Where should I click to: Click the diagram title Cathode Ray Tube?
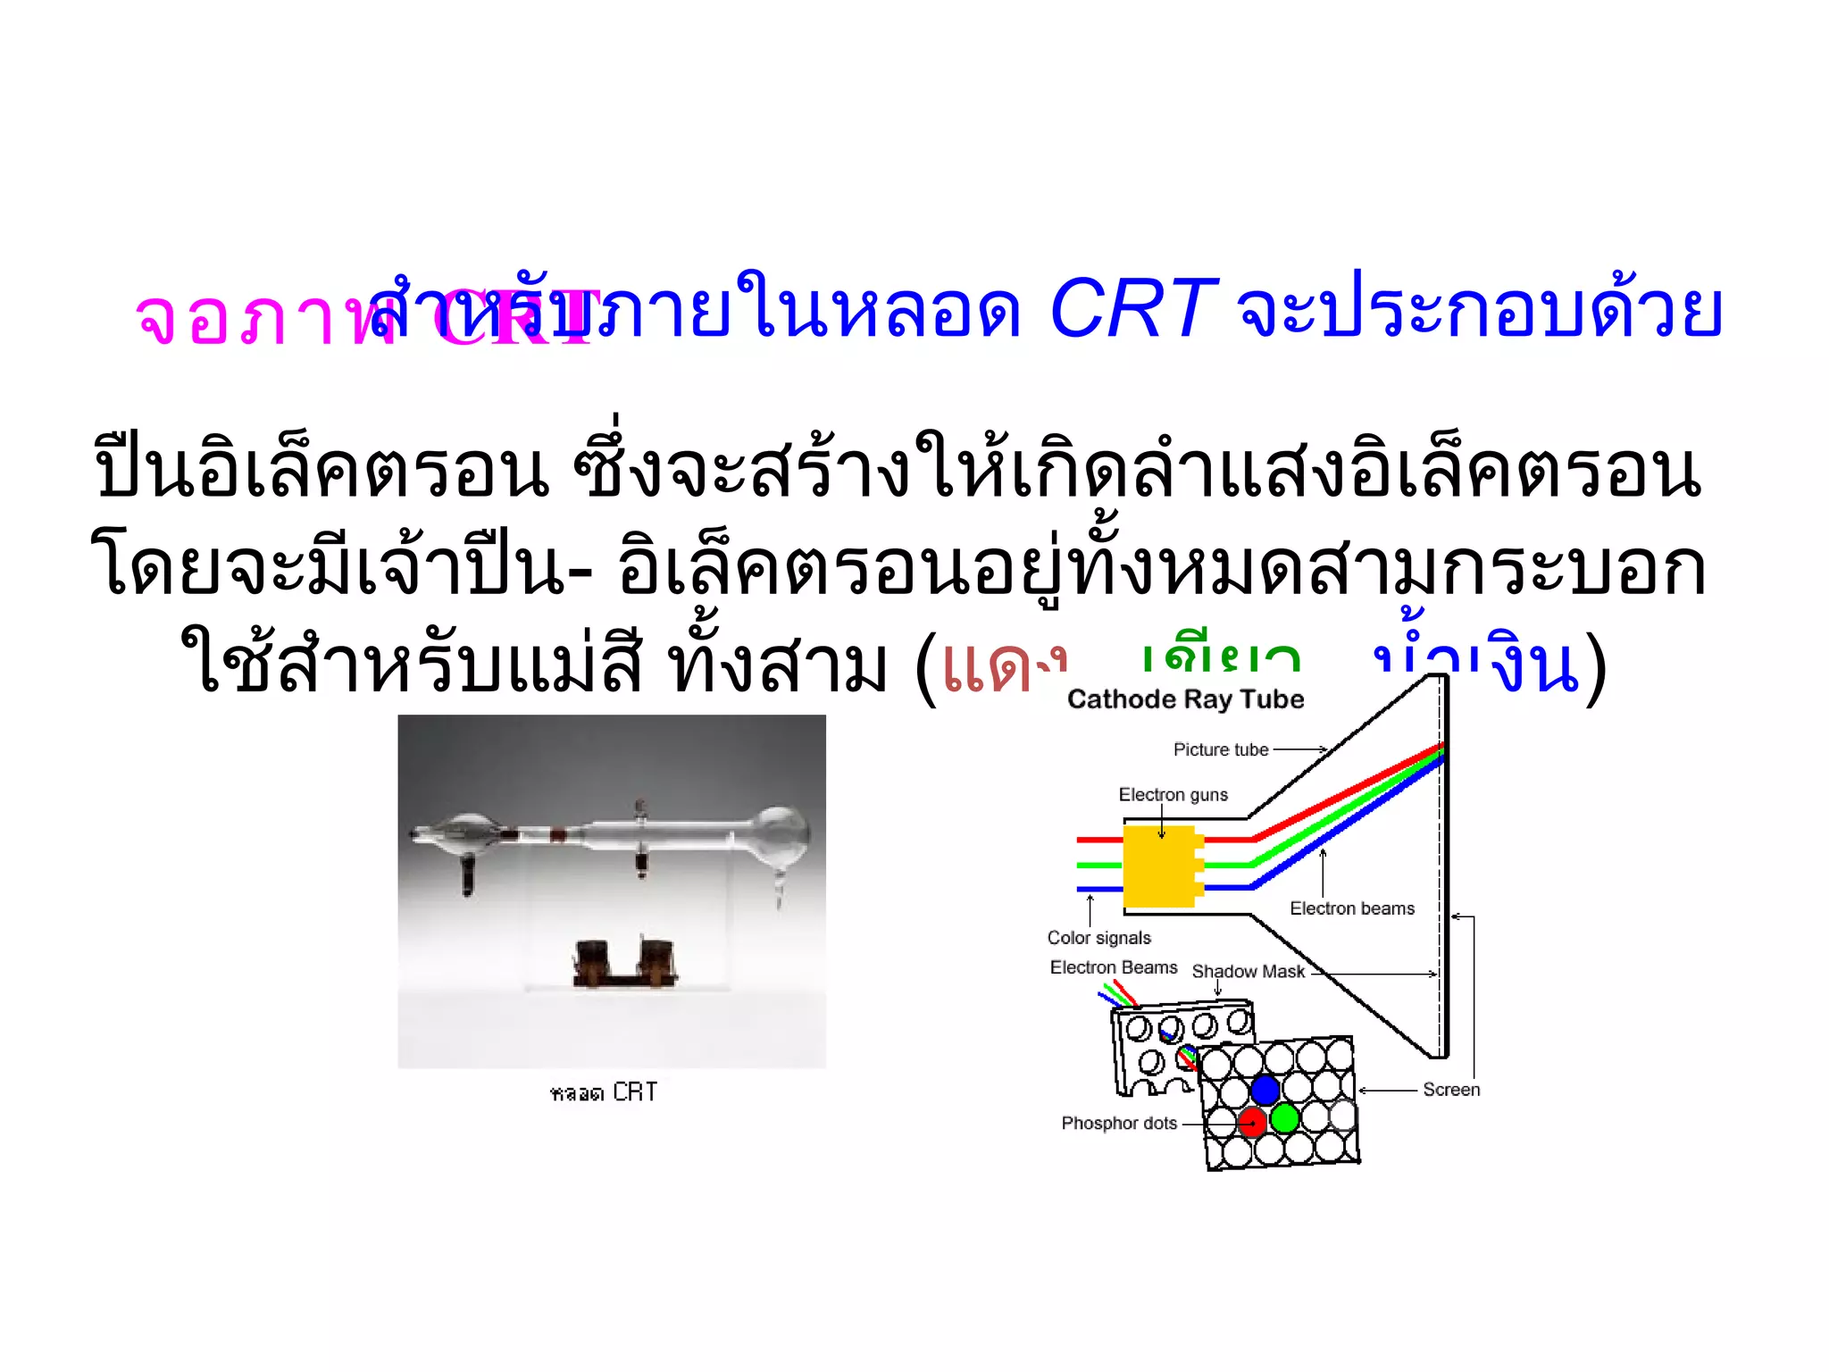click(1185, 699)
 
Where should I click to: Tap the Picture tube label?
click(1220, 749)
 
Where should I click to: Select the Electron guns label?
click(1173, 794)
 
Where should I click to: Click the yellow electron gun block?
click(1159, 866)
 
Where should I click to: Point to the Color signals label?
click(1098, 937)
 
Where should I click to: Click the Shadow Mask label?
click(1248, 971)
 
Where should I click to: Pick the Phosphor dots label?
click(1118, 1123)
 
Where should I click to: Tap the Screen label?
click(1450, 1089)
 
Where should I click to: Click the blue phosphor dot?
click(1265, 1090)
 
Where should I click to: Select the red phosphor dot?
click(1252, 1121)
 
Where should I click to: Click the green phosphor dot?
click(1284, 1117)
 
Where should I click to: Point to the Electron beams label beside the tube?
click(1351, 908)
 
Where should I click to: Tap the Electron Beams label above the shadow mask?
click(1113, 967)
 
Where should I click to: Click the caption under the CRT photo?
click(604, 1092)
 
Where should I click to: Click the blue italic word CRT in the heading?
click(1132, 310)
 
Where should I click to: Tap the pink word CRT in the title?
click(518, 317)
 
